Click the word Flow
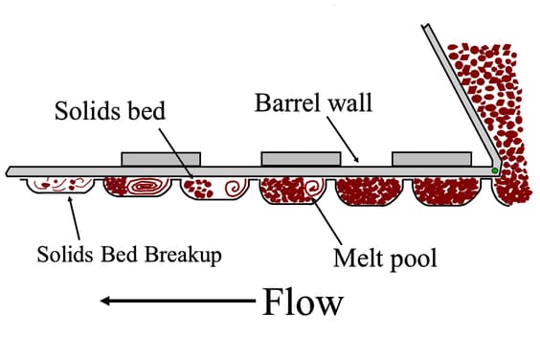(303, 302)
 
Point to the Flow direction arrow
(178, 301)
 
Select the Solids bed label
(110, 111)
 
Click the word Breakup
(183, 255)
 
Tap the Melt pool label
(385, 258)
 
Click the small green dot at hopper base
(495, 170)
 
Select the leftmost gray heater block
(161, 159)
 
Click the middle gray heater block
(301, 159)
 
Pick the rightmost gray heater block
(432, 159)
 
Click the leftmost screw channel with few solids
(60, 186)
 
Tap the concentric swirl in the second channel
(145, 187)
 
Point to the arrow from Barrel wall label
(343, 139)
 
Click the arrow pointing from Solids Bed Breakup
(74, 217)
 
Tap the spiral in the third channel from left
(236, 189)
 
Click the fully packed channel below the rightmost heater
(447, 191)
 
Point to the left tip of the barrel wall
(6, 172)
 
